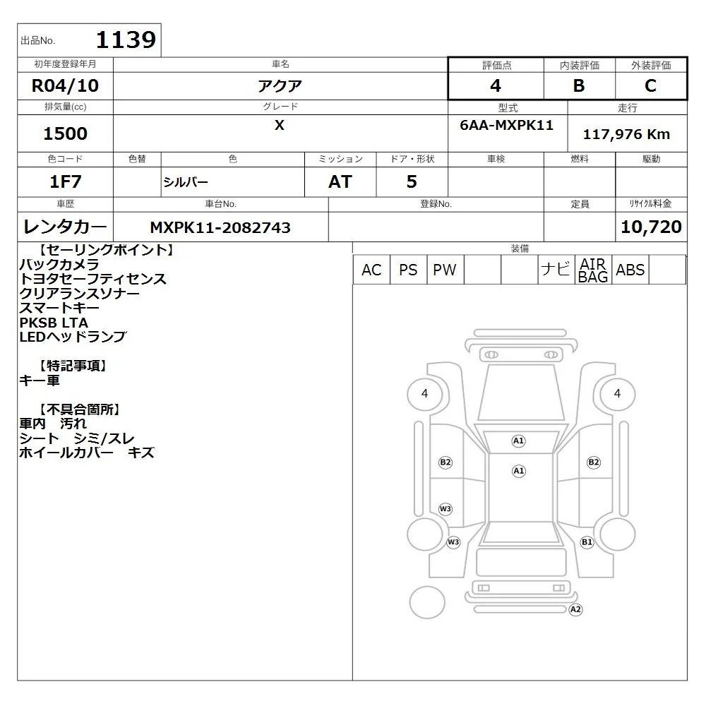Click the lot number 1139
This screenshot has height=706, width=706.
coord(126,40)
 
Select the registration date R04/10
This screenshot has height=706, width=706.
coord(65,85)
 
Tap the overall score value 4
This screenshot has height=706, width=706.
coord(496,85)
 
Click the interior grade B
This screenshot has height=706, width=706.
coord(579,85)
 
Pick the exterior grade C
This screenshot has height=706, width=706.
coord(650,85)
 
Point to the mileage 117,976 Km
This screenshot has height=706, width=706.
coord(626,134)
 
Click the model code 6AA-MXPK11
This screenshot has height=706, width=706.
coord(506,125)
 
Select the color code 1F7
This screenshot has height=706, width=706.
coord(65,181)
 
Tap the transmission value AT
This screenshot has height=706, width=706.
coord(340,181)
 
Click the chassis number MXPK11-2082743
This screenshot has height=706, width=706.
coord(220,227)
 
